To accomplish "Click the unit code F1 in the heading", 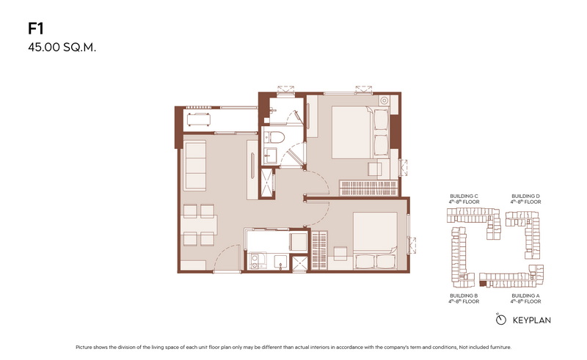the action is pyautogui.click(x=36, y=29).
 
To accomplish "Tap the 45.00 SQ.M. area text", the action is pyautogui.click(x=62, y=48).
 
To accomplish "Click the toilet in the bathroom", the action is pyautogui.click(x=277, y=137).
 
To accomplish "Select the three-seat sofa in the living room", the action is pyautogui.click(x=194, y=166).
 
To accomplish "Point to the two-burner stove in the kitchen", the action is pyautogui.click(x=255, y=261).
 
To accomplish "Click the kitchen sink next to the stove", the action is pyautogui.click(x=281, y=262).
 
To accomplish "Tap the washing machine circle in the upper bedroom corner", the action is pyautogui.click(x=384, y=100).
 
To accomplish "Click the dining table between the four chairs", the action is pyautogui.click(x=199, y=225).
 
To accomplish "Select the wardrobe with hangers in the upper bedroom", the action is pyautogui.click(x=368, y=188).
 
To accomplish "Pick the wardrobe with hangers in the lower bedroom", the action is pyautogui.click(x=319, y=250).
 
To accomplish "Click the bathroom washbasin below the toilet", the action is pyautogui.click(x=270, y=155).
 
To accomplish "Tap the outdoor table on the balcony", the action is pyautogui.click(x=198, y=119).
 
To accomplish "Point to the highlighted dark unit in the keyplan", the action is pyautogui.click(x=483, y=284).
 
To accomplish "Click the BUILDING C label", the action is pyautogui.click(x=464, y=196).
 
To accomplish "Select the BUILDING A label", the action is pyautogui.click(x=525, y=295).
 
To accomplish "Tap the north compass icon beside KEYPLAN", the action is pyautogui.click(x=500, y=319).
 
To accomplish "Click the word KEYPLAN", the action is pyautogui.click(x=531, y=320).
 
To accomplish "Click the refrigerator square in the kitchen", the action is pyautogui.click(x=299, y=242).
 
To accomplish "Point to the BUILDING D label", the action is pyautogui.click(x=525, y=196).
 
